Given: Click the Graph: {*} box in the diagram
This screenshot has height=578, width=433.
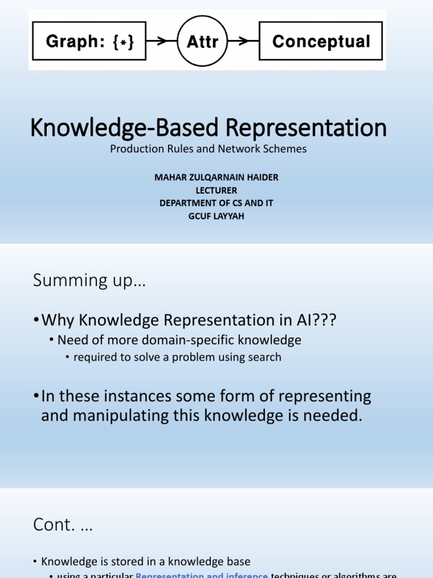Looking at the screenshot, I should pyautogui.click(x=89, y=41).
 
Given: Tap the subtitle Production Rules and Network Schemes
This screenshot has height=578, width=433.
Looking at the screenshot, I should pyautogui.click(x=209, y=149).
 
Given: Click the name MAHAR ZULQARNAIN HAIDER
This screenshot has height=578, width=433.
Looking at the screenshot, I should pyautogui.click(x=216, y=177).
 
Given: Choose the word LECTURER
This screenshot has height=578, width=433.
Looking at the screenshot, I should pyautogui.click(x=216, y=190).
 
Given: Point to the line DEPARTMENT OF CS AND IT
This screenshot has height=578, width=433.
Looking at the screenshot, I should pyautogui.click(x=216, y=203).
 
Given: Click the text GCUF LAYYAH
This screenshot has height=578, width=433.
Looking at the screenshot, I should pyautogui.click(x=216, y=216).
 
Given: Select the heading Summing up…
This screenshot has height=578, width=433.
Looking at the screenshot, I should pyautogui.click(x=89, y=281).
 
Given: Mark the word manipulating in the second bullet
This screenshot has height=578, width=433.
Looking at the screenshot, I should pyautogui.click(x=125, y=416).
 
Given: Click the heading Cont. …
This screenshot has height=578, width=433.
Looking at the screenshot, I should pyautogui.click(x=63, y=525).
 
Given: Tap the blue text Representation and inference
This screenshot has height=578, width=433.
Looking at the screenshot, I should pyautogui.click(x=202, y=575).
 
